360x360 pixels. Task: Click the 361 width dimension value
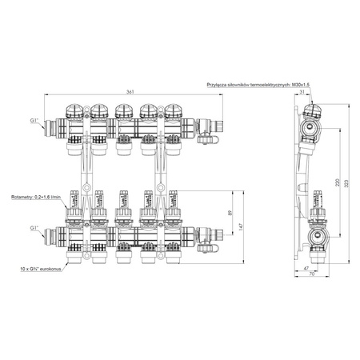pyautogui.click(x=130, y=93)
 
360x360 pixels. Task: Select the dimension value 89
pyautogui.click(x=229, y=214)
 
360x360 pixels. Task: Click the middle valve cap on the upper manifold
pyautogui.click(x=122, y=110)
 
